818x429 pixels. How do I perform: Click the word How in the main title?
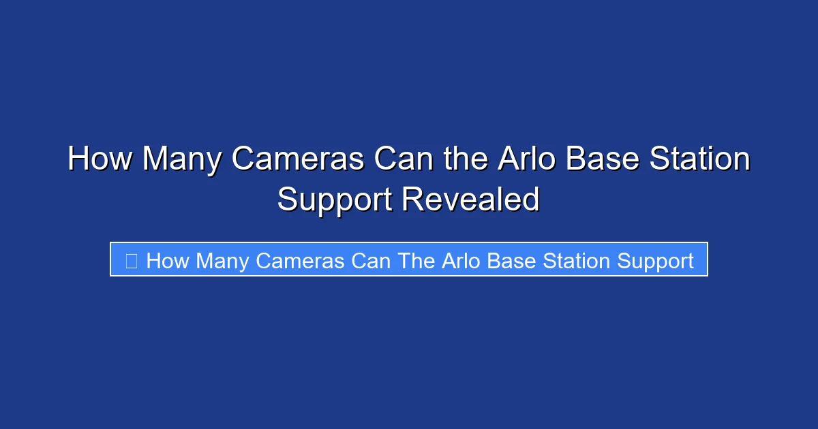pyautogui.click(x=100, y=160)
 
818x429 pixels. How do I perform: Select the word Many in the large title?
pyautogui.click(x=182, y=160)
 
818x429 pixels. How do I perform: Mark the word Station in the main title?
pyautogui.click(x=702, y=160)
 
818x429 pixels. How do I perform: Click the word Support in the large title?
pyautogui.click(x=334, y=200)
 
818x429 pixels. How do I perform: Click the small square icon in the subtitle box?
pyautogui.click(x=132, y=260)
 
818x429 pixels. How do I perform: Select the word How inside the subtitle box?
pyautogui.click(x=168, y=260)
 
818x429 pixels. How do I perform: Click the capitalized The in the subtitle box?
pyautogui.click(x=417, y=260)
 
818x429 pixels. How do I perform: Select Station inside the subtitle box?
pyautogui.click(x=579, y=260)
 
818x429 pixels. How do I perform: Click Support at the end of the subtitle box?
pyautogui.click(x=656, y=260)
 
